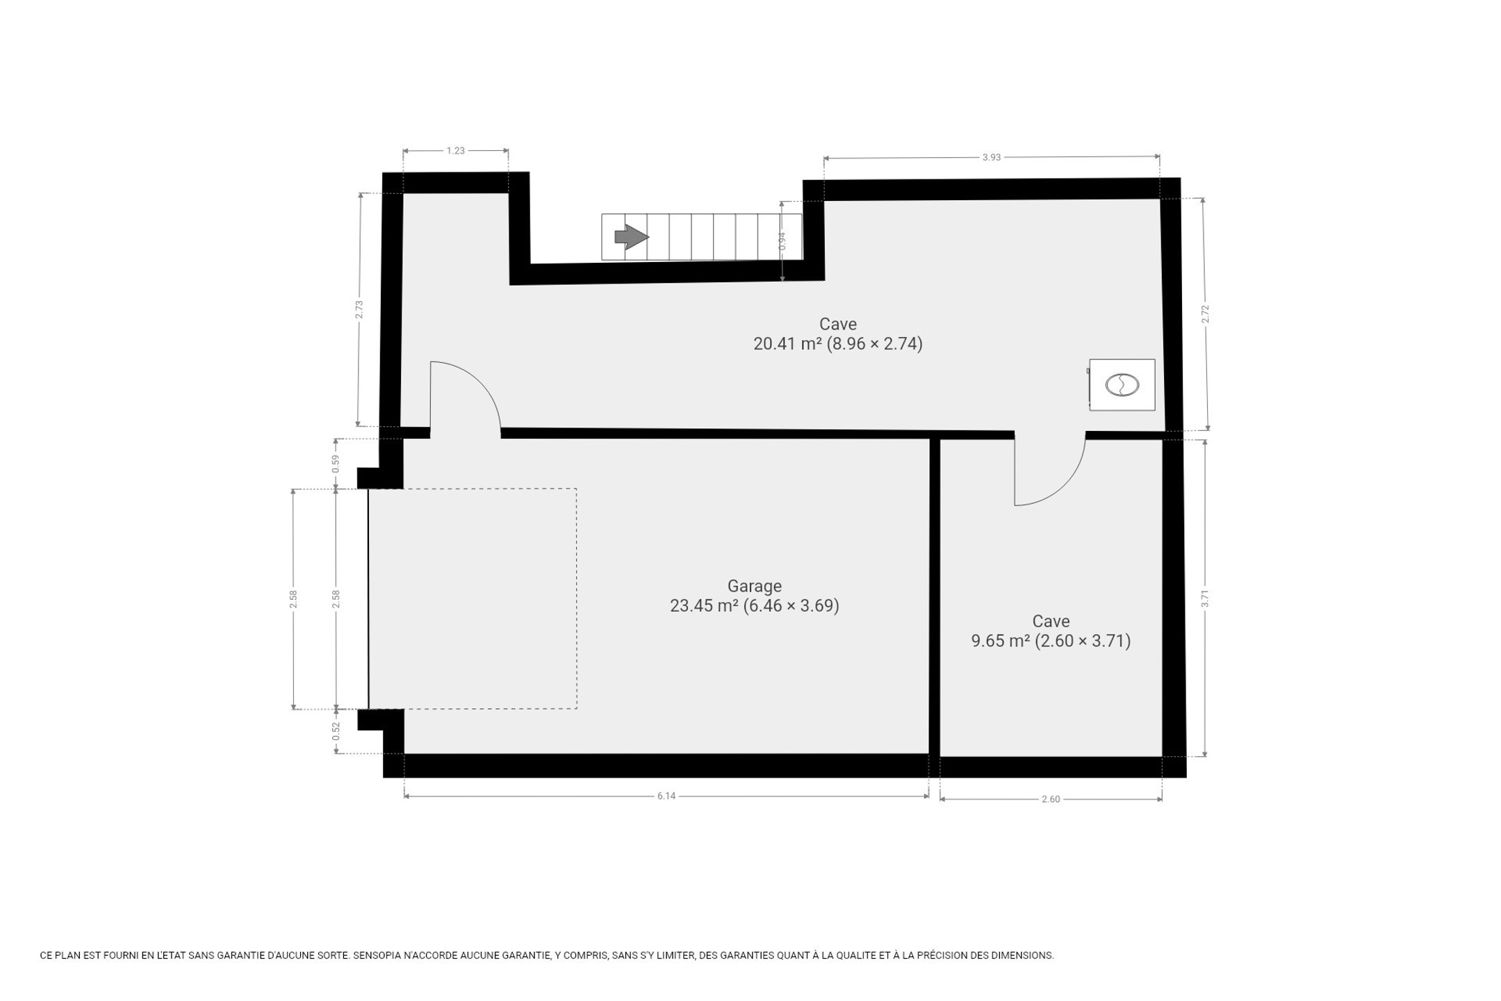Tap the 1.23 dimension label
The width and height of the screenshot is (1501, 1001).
coord(455,150)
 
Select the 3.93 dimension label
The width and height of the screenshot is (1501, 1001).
coord(992,157)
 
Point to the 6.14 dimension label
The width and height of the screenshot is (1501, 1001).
coord(666,796)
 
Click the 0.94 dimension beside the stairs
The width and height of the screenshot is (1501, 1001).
coord(782,241)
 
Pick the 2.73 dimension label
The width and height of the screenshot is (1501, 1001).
coord(359,309)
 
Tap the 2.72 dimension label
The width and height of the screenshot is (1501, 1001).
coord(1206,314)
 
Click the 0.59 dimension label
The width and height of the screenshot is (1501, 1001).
coord(336,464)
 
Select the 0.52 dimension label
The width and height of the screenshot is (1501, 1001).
coord(336,731)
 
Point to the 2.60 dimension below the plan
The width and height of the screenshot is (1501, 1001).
coord(1051,799)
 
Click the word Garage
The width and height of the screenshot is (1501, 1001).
coord(755,586)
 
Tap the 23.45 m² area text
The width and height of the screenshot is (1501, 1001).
coord(703,605)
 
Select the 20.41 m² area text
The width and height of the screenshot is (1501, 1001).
coord(788,343)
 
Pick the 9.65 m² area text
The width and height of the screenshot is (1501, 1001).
coord(1000,640)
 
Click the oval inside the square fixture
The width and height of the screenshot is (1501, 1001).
coord(1122,384)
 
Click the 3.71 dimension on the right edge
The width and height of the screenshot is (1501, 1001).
coord(1205,599)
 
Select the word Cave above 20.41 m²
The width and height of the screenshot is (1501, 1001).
coord(838,324)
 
